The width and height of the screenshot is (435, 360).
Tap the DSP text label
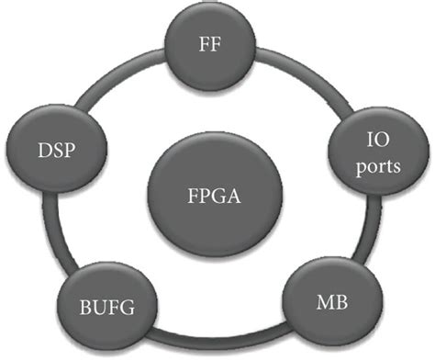click(55, 148)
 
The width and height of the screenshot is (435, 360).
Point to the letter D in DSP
click(40, 148)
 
